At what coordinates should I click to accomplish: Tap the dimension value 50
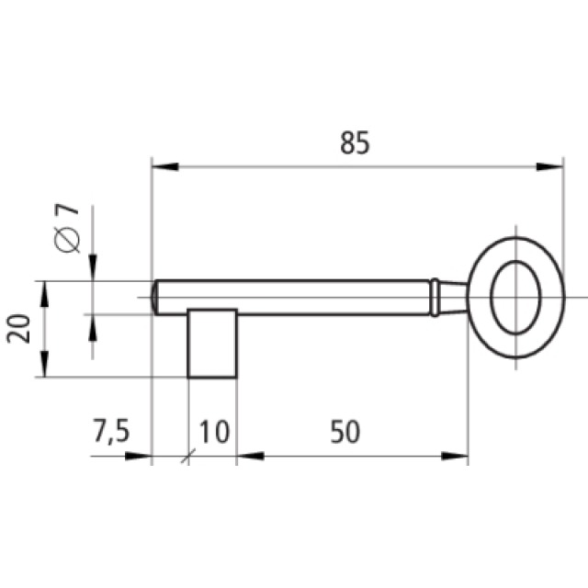(x=345, y=432)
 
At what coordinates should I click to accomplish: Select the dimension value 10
(x=213, y=432)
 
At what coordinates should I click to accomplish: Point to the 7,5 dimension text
(x=111, y=432)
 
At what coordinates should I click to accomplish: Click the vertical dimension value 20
(x=20, y=327)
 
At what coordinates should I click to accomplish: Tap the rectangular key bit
(x=212, y=343)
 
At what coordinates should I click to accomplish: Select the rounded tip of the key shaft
(x=157, y=297)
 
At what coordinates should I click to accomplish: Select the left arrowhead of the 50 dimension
(x=249, y=455)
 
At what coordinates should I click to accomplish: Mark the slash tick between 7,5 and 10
(x=188, y=455)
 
